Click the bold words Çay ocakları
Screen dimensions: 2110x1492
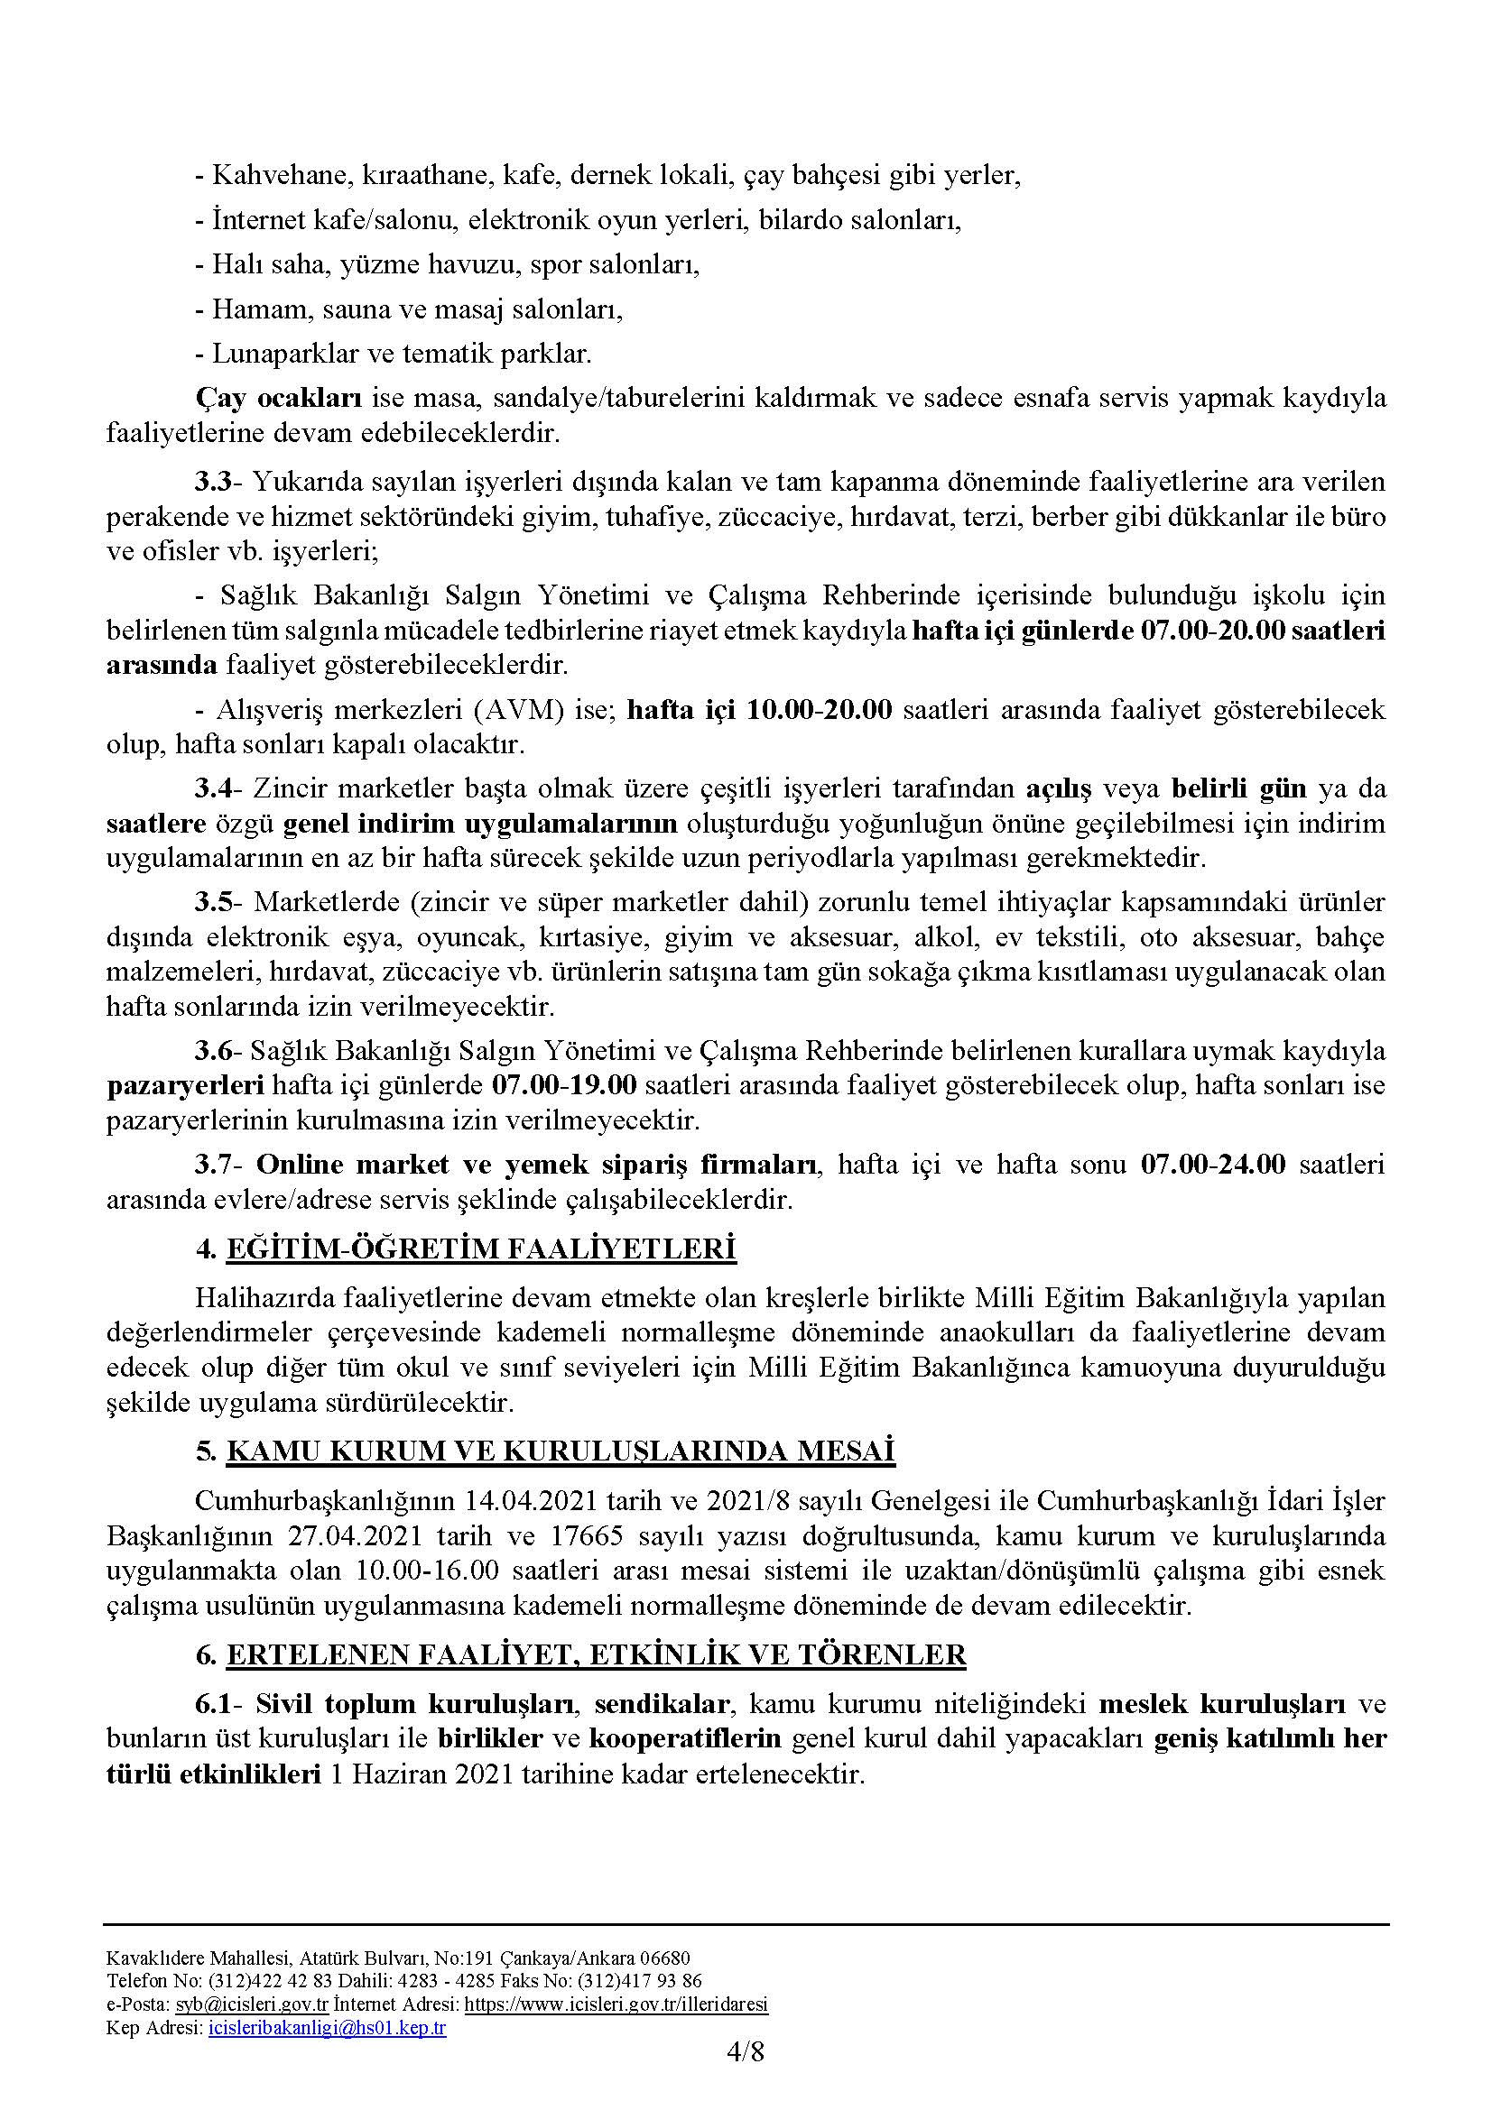click(x=282, y=399)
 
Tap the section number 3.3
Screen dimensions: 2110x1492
click(x=217, y=482)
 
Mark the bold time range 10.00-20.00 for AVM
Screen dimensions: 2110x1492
click(x=819, y=709)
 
